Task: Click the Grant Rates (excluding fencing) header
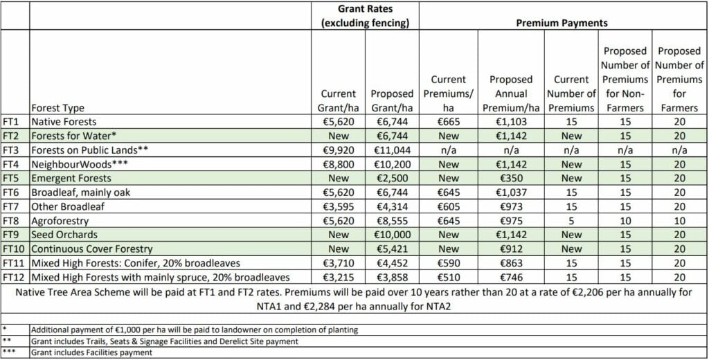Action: [365, 15]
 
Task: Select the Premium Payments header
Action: [562, 23]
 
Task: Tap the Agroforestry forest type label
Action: [59, 220]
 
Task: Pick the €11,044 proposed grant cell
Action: [392, 150]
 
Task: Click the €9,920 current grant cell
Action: [339, 150]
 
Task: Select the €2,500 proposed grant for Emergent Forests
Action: [392, 178]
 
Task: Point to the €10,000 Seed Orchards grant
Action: [392, 235]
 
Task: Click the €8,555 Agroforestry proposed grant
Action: [392, 220]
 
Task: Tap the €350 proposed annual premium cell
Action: [511, 178]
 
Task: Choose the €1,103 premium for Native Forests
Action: [511, 121]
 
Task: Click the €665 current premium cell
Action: [449, 121]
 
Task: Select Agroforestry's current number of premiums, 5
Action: [572, 220]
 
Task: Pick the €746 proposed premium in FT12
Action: [511, 277]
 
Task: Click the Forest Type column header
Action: [58, 107]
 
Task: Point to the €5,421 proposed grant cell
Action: [392, 249]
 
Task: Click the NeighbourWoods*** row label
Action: [73, 164]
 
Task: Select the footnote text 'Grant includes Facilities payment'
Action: [92, 352]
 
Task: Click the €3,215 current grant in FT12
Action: [339, 277]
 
